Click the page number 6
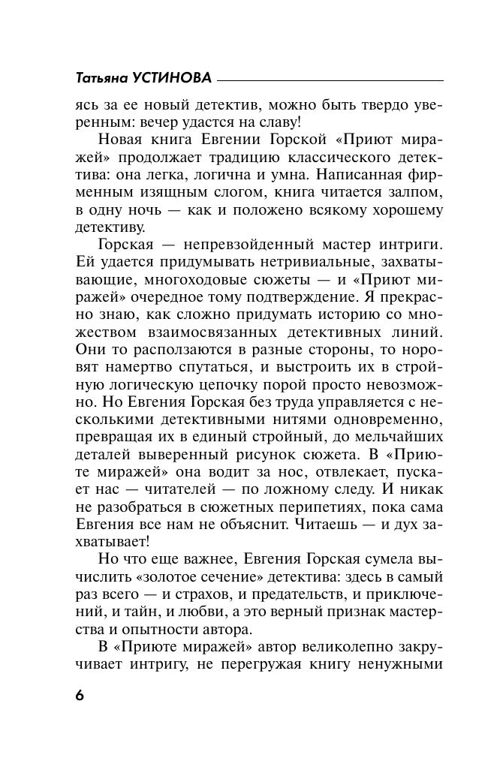point(80,694)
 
